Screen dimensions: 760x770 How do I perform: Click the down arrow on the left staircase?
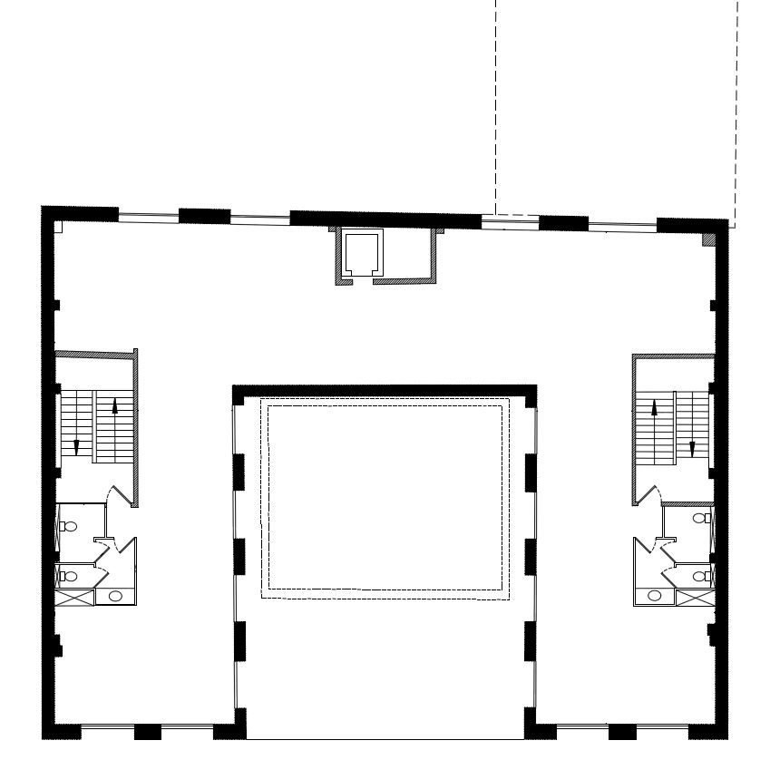76,445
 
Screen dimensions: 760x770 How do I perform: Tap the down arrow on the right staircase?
692,447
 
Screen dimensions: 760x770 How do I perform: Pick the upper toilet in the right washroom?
701,518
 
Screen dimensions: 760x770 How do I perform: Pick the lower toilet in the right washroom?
701,575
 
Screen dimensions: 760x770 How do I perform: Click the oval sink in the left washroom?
115,596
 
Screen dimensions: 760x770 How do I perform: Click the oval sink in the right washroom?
654,596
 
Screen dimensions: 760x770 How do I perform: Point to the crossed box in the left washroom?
77,597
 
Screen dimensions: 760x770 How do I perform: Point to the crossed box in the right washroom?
694,597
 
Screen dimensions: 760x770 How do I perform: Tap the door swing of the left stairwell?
117,496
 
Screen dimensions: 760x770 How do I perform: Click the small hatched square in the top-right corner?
709,239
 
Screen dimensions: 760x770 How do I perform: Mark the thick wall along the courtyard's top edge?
385,391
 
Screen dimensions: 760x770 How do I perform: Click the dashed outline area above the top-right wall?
617,109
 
